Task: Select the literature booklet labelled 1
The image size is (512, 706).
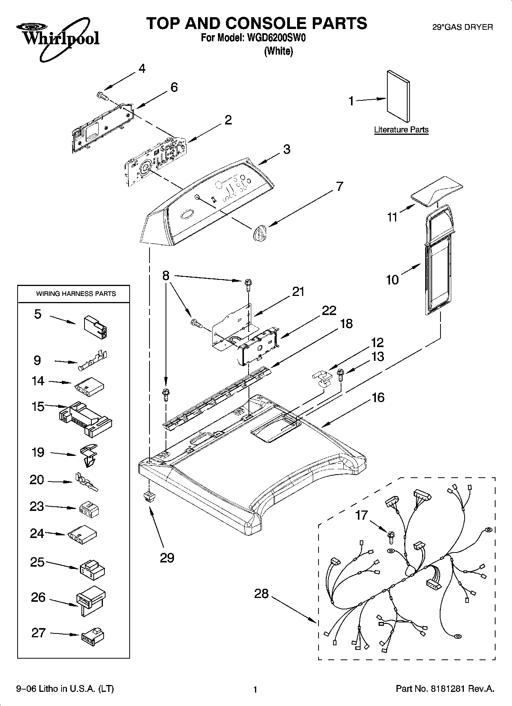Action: pos(398,95)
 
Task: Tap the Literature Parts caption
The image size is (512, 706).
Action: pos(401,130)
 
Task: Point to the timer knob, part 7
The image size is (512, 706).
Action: pos(259,232)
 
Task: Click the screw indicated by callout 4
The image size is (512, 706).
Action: pos(103,96)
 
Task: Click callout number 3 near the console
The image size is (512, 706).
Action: pos(286,149)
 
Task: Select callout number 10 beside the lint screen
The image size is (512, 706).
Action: pos(392,280)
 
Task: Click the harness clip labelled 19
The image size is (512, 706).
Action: pos(89,455)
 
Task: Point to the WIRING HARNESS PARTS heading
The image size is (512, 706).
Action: pos(76,294)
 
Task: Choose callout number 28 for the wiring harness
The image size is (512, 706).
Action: pos(262,594)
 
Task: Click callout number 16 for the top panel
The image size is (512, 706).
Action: pos(378,397)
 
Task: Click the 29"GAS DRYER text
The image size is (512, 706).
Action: pos(462,27)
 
